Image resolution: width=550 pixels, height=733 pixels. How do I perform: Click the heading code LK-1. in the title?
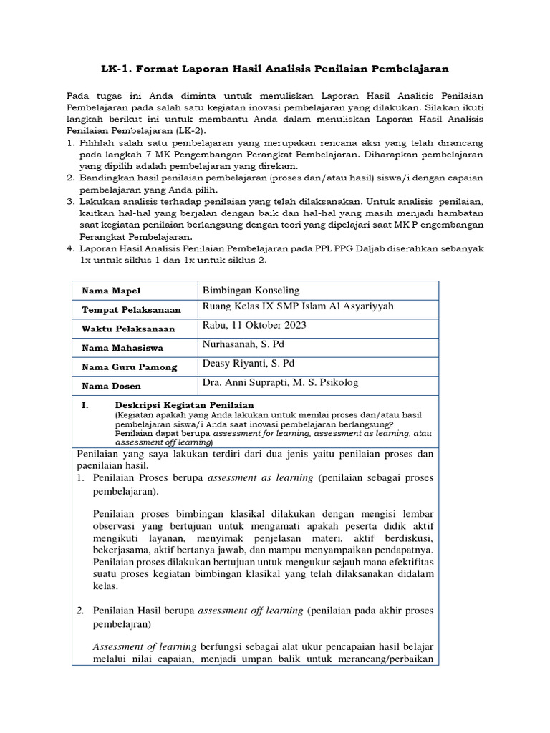(117, 69)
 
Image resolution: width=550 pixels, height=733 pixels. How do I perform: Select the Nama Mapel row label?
(112, 291)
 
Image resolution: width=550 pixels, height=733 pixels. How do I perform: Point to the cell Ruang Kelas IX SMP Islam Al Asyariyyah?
(298, 307)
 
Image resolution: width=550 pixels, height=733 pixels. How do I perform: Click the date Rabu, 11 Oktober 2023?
(254, 325)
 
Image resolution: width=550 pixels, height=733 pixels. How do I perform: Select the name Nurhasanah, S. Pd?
(243, 344)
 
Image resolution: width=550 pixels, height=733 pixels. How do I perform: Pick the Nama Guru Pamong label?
(129, 366)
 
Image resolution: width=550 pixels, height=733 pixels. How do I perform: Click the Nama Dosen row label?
(111, 386)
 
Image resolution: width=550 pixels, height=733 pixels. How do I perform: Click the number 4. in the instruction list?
(71, 248)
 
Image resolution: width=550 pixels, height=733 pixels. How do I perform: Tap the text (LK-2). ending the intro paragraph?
(173, 132)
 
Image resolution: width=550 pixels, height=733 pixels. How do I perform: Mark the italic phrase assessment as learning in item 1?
(260, 478)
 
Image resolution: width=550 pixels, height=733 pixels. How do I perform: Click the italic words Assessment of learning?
(136, 646)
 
